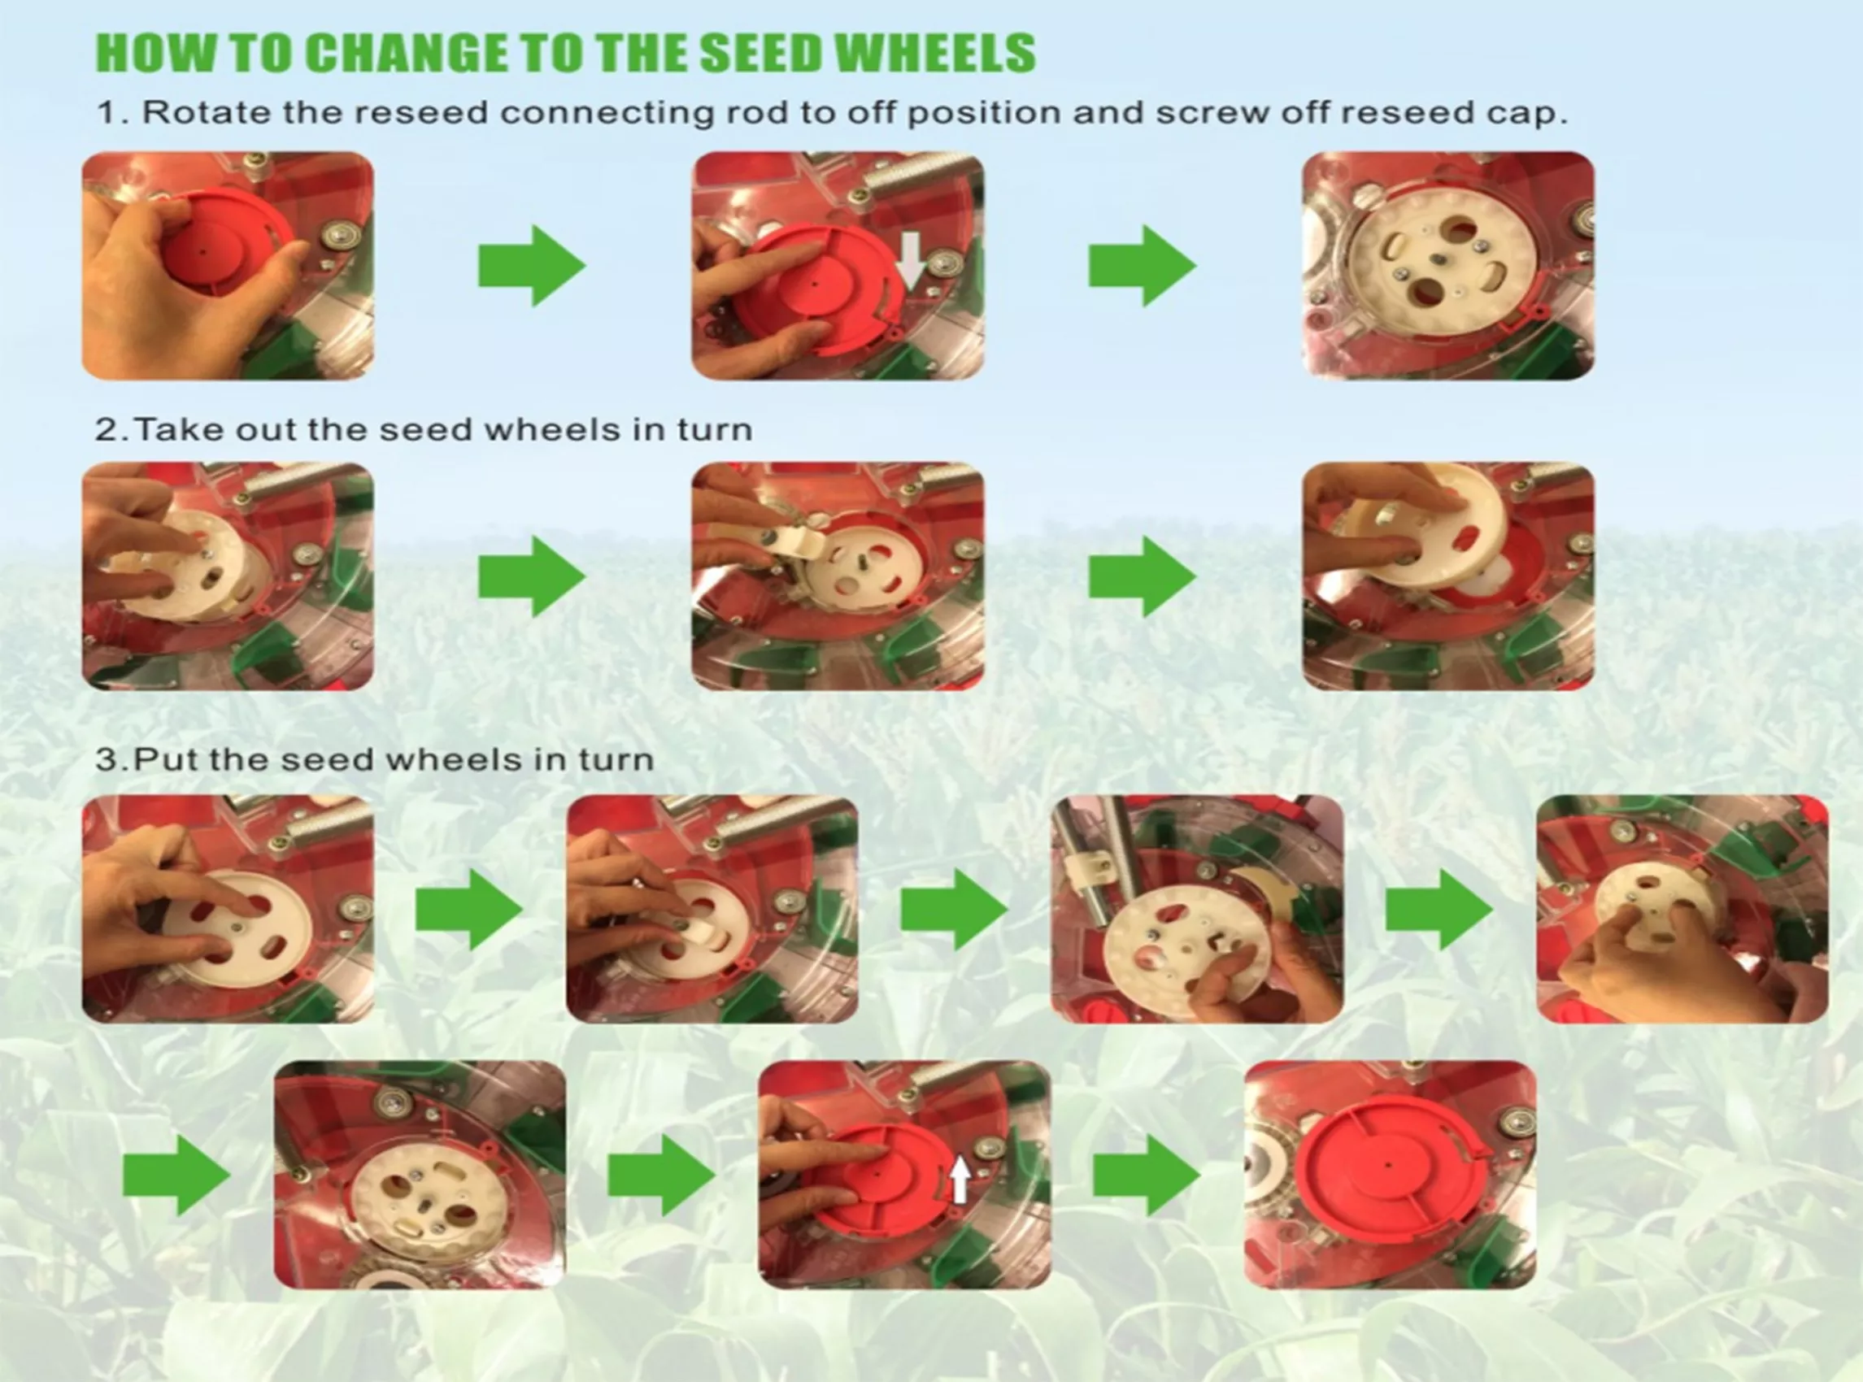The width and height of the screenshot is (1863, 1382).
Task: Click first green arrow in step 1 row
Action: pos(532,266)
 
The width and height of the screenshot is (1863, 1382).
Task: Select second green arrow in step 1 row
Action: pos(1142,266)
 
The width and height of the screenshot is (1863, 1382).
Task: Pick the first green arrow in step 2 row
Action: pos(532,576)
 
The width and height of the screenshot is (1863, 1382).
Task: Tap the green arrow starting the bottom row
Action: pos(176,1176)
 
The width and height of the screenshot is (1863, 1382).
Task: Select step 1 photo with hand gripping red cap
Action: pos(228,266)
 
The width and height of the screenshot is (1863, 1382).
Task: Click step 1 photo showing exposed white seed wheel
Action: pos(1448,266)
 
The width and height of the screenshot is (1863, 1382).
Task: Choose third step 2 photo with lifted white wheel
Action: pos(1448,576)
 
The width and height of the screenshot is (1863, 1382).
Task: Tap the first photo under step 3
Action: pos(228,910)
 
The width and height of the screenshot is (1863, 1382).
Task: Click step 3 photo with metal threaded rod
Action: pos(1197,910)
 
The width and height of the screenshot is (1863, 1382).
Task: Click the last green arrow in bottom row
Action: pos(1147,1176)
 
